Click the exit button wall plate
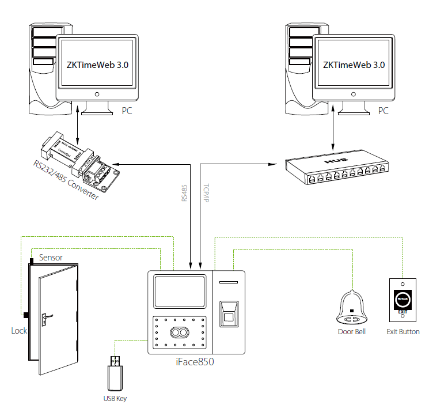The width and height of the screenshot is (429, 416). (403, 301)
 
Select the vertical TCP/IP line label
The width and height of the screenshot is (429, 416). (207, 192)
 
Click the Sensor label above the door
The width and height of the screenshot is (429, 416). (51, 258)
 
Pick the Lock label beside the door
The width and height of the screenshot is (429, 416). (19, 331)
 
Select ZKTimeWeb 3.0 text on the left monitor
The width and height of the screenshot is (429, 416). (97, 65)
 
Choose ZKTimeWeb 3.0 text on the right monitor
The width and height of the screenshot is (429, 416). (354, 65)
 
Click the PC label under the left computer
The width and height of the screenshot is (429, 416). (127, 111)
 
